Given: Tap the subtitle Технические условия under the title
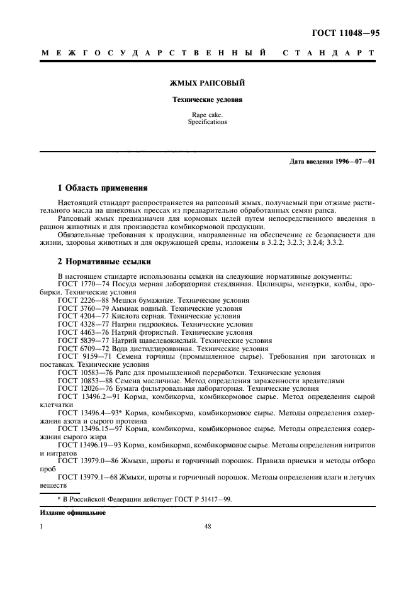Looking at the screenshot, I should pyautogui.click(x=208, y=99).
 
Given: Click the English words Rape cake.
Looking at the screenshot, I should pyautogui.click(x=208, y=115).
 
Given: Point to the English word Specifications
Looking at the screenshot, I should pyautogui.click(x=208, y=122).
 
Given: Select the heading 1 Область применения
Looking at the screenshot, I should pyautogui.click(x=103, y=188).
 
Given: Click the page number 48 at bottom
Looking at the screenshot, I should pyautogui.click(x=208, y=528).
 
